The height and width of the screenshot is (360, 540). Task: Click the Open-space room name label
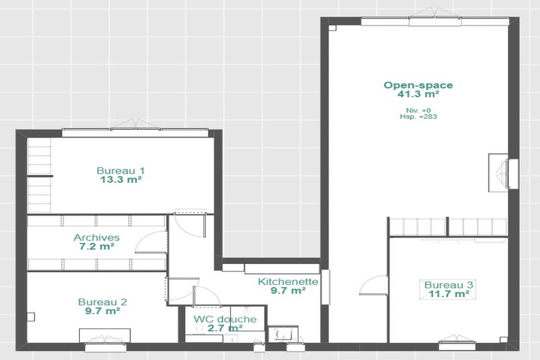418,85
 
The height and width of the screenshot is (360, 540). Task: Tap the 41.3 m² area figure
418,94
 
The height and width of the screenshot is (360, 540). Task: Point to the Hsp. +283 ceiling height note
418,117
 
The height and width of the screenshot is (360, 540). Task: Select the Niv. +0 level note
418,111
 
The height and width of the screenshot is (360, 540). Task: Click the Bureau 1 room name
121,170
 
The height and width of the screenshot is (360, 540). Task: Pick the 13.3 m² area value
121,180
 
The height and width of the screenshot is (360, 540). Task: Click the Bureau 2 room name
103,302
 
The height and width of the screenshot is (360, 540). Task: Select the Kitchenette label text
288,282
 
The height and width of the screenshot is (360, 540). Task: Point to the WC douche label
225,319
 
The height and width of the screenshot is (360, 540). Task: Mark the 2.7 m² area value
225,328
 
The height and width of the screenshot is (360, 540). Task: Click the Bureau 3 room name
448,285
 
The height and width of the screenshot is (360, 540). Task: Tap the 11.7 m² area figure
449,294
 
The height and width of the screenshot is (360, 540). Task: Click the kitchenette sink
283,334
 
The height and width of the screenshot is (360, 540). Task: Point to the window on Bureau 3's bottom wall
457,345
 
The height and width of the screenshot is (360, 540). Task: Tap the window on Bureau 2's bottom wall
103,347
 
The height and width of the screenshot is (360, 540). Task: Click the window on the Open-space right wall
513,174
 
